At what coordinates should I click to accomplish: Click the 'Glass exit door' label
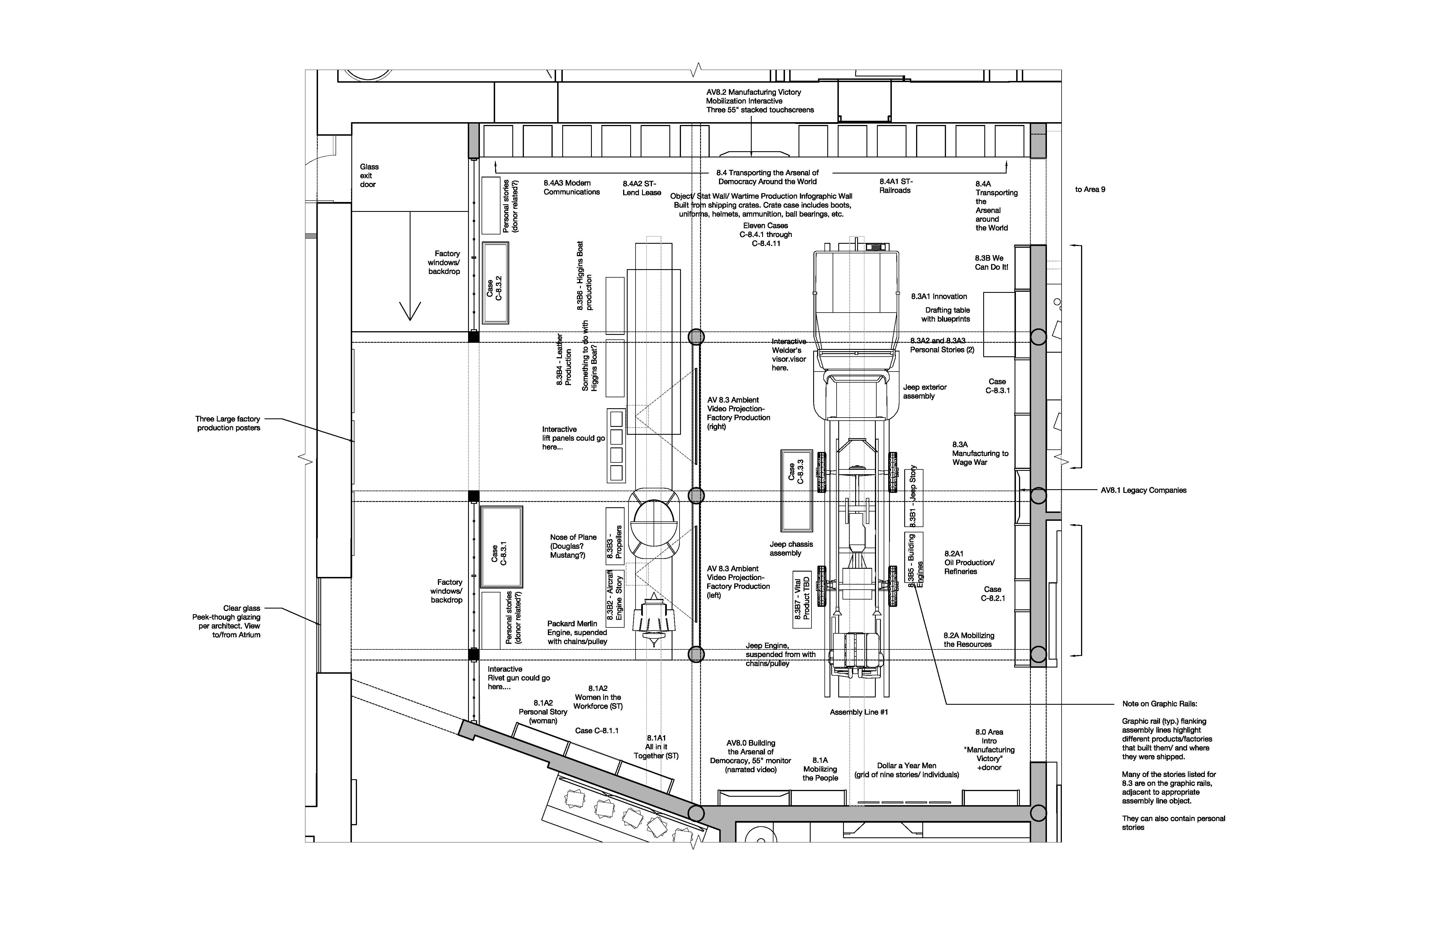coord(369,175)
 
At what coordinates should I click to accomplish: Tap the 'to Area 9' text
coord(1090,189)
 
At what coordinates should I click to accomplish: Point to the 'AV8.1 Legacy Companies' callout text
coord(1143,490)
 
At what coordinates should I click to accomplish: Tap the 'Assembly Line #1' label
coord(859,712)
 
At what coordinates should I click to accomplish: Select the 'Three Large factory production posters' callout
coord(228,423)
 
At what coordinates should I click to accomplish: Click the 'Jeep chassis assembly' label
coord(791,548)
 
